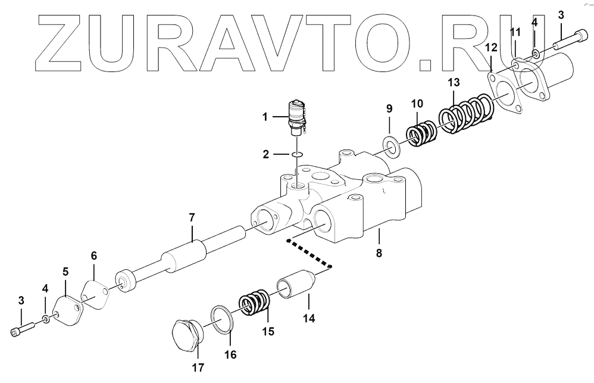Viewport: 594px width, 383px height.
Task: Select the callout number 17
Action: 198,368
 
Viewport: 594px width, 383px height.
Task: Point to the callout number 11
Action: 515,31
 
